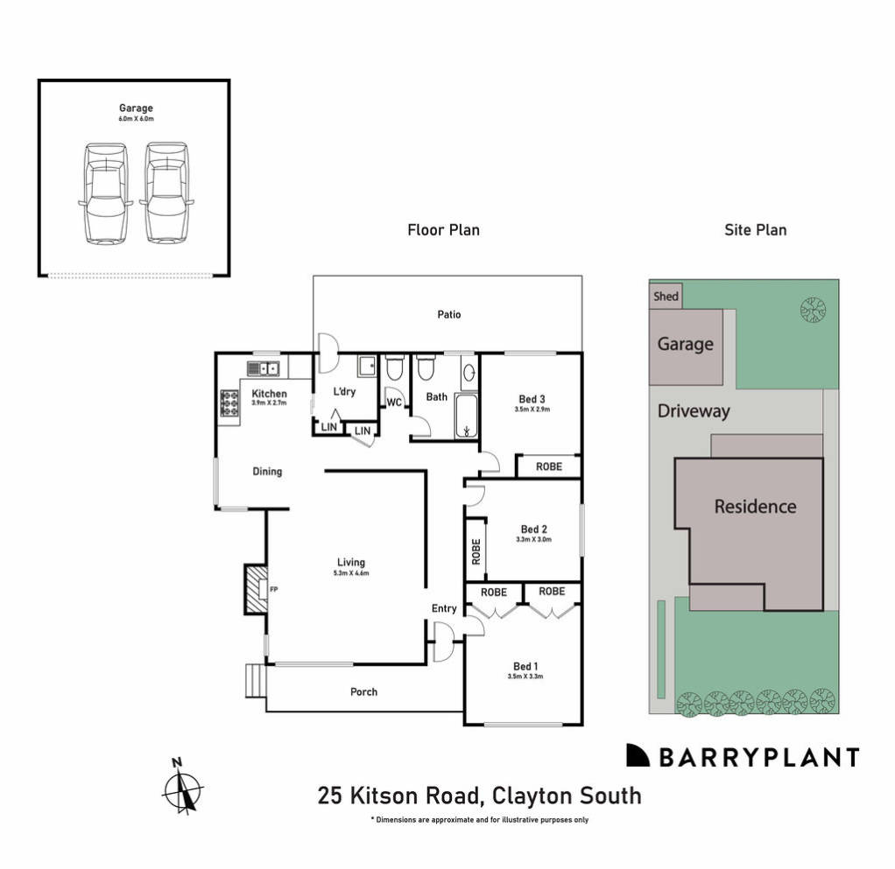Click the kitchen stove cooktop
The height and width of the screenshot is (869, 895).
[229, 403]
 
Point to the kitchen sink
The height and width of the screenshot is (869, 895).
[262, 368]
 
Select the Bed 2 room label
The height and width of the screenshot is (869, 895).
[533, 529]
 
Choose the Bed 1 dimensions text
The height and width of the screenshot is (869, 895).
[525, 676]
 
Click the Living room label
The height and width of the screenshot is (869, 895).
[350, 563]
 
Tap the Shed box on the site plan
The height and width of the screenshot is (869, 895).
[666, 297]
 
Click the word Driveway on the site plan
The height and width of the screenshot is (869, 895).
[694, 411]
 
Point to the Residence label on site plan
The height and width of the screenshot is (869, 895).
[755, 506]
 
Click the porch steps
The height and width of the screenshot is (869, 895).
[255, 679]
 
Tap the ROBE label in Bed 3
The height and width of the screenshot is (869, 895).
[548, 466]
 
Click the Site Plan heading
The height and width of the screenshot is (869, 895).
[755, 230]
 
